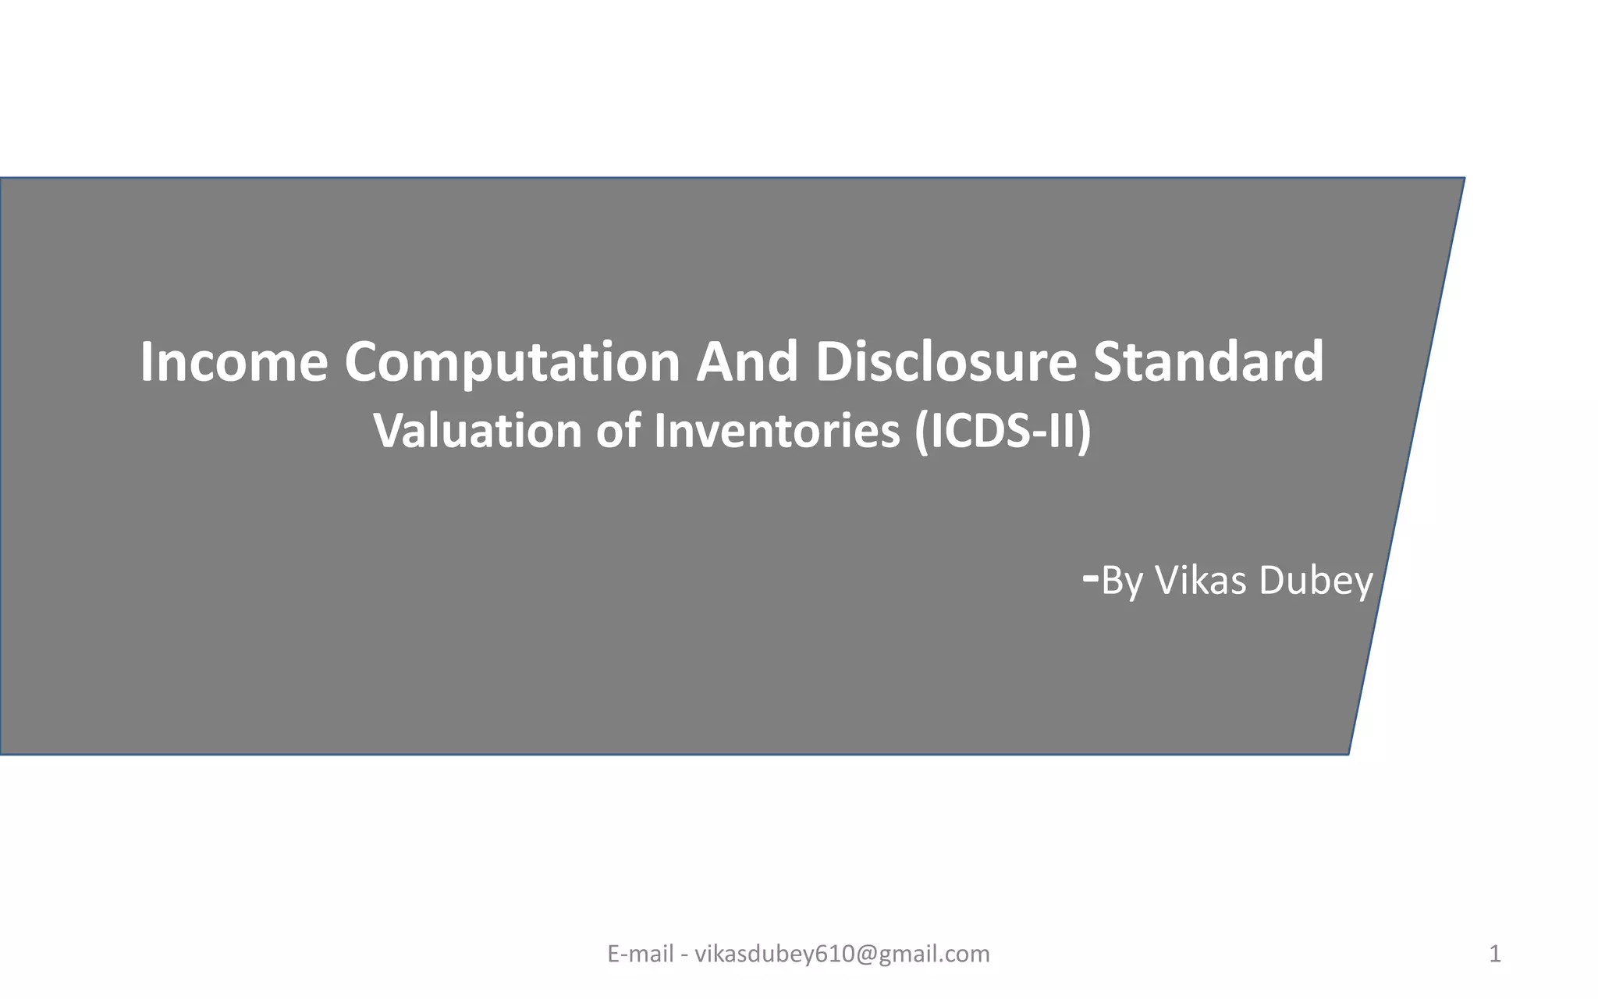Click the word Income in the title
(x=234, y=362)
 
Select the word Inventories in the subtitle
(x=777, y=431)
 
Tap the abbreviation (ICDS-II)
(x=1003, y=431)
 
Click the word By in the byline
(x=1122, y=581)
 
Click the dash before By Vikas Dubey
(x=1092, y=578)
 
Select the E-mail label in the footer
(x=640, y=954)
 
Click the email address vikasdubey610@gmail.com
(x=842, y=954)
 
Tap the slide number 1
(x=1495, y=954)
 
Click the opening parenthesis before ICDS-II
(x=921, y=431)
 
